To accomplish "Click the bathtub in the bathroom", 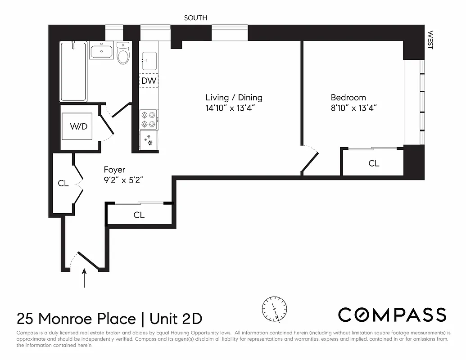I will tap(73, 71).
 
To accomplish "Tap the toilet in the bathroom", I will tap(123, 54).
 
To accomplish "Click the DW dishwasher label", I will tap(149, 81).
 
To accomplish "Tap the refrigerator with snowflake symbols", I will tap(149, 141).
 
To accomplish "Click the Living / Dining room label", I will tap(234, 98).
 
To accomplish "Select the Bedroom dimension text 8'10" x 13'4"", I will tap(353, 108).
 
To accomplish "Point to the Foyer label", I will tap(114, 170).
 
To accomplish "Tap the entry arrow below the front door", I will tap(85, 278).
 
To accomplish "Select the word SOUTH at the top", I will tap(195, 18).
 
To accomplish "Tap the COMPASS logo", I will tap(392, 315).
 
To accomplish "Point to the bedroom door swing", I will tap(310, 159).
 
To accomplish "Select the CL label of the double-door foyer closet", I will tap(63, 184).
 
